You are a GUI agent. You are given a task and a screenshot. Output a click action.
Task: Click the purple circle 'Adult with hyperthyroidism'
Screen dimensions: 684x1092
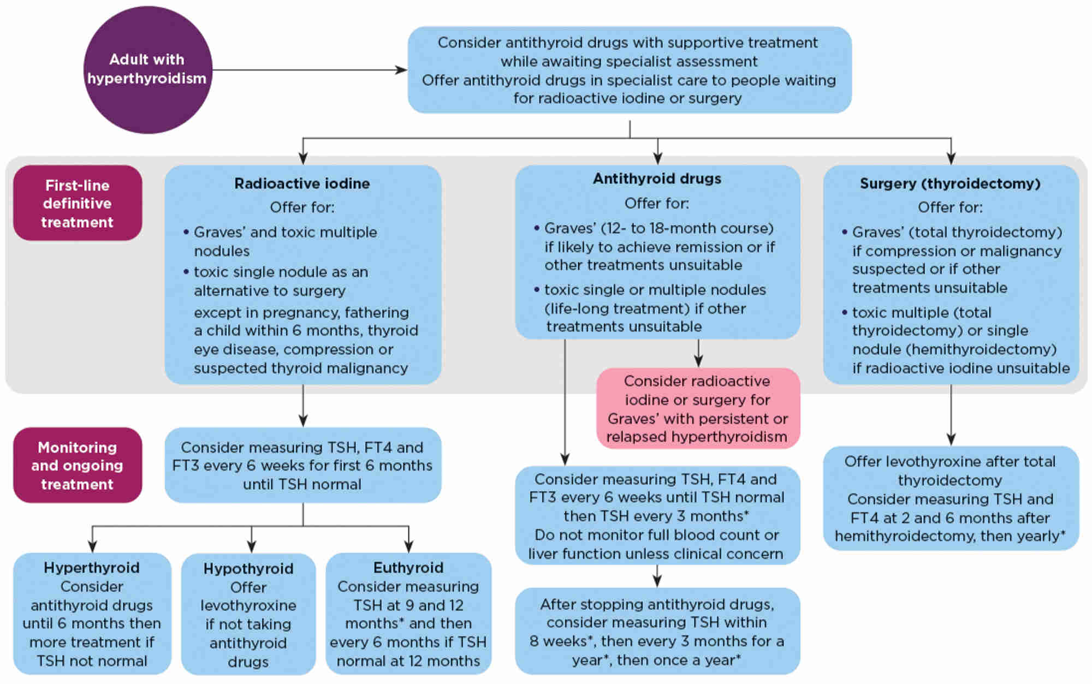pos(147,69)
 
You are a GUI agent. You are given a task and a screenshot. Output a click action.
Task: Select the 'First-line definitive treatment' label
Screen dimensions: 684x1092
pos(78,203)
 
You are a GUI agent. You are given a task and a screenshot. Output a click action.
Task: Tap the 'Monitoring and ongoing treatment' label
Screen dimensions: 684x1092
pos(78,465)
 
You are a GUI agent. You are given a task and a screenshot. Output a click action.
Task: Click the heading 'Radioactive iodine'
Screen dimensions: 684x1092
pos(302,183)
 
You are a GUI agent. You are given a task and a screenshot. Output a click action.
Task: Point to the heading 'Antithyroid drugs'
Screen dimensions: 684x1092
pos(657,179)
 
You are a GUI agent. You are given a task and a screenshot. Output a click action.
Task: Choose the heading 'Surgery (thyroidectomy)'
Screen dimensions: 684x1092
pos(950,183)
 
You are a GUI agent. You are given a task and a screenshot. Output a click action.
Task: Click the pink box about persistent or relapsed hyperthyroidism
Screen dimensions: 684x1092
pos(697,408)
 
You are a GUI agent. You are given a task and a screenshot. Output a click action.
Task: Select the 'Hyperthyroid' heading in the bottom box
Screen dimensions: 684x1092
pos(92,568)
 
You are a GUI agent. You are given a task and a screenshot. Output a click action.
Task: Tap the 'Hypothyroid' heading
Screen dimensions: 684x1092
pos(248,569)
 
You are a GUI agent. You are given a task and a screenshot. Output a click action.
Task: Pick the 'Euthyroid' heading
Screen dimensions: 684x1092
pos(408,568)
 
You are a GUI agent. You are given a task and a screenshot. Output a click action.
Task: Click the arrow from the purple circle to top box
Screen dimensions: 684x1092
pos(308,70)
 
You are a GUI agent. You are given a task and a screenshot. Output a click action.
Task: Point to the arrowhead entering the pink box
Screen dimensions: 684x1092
pos(698,361)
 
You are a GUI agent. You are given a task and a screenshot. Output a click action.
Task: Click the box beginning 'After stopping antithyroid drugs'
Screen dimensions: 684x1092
pos(657,632)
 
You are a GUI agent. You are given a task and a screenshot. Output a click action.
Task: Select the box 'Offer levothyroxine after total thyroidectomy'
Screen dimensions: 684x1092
pos(950,498)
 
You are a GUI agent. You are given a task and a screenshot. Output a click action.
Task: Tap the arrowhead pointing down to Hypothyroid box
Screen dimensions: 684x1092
pos(252,546)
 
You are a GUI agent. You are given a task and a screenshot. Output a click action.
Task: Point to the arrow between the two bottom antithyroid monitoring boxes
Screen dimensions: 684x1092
pos(657,576)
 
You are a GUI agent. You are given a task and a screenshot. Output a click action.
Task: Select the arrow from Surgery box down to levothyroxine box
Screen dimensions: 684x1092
pos(951,415)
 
